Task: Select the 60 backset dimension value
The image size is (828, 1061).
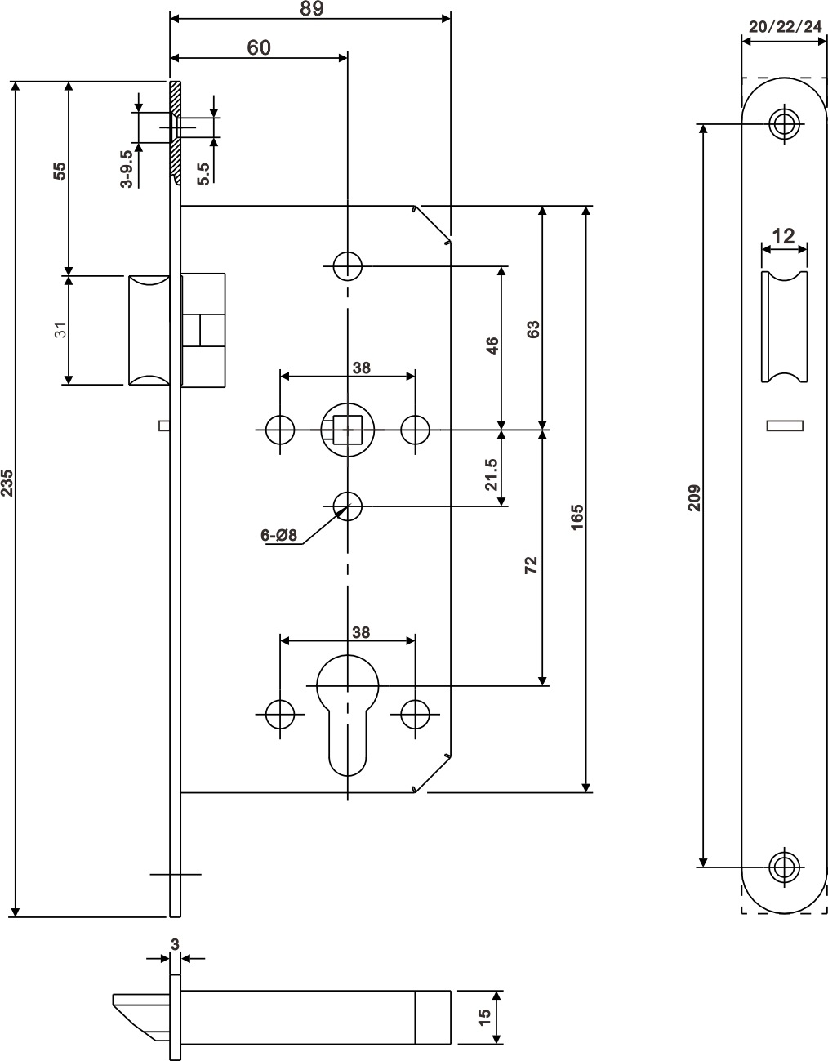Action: click(258, 47)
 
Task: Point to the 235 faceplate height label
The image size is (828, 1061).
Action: click(7, 483)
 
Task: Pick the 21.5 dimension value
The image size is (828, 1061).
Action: click(491, 474)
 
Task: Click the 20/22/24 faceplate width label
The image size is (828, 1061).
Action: click(785, 27)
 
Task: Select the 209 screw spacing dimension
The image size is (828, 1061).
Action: click(694, 497)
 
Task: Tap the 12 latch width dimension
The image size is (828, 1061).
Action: click(784, 237)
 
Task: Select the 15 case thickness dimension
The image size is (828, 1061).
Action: click(483, 1017)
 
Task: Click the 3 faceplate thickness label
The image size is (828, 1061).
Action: click(175, 943)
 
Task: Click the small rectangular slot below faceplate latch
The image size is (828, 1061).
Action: click(785, 425)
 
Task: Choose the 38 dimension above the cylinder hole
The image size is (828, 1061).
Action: click(360, 631)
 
